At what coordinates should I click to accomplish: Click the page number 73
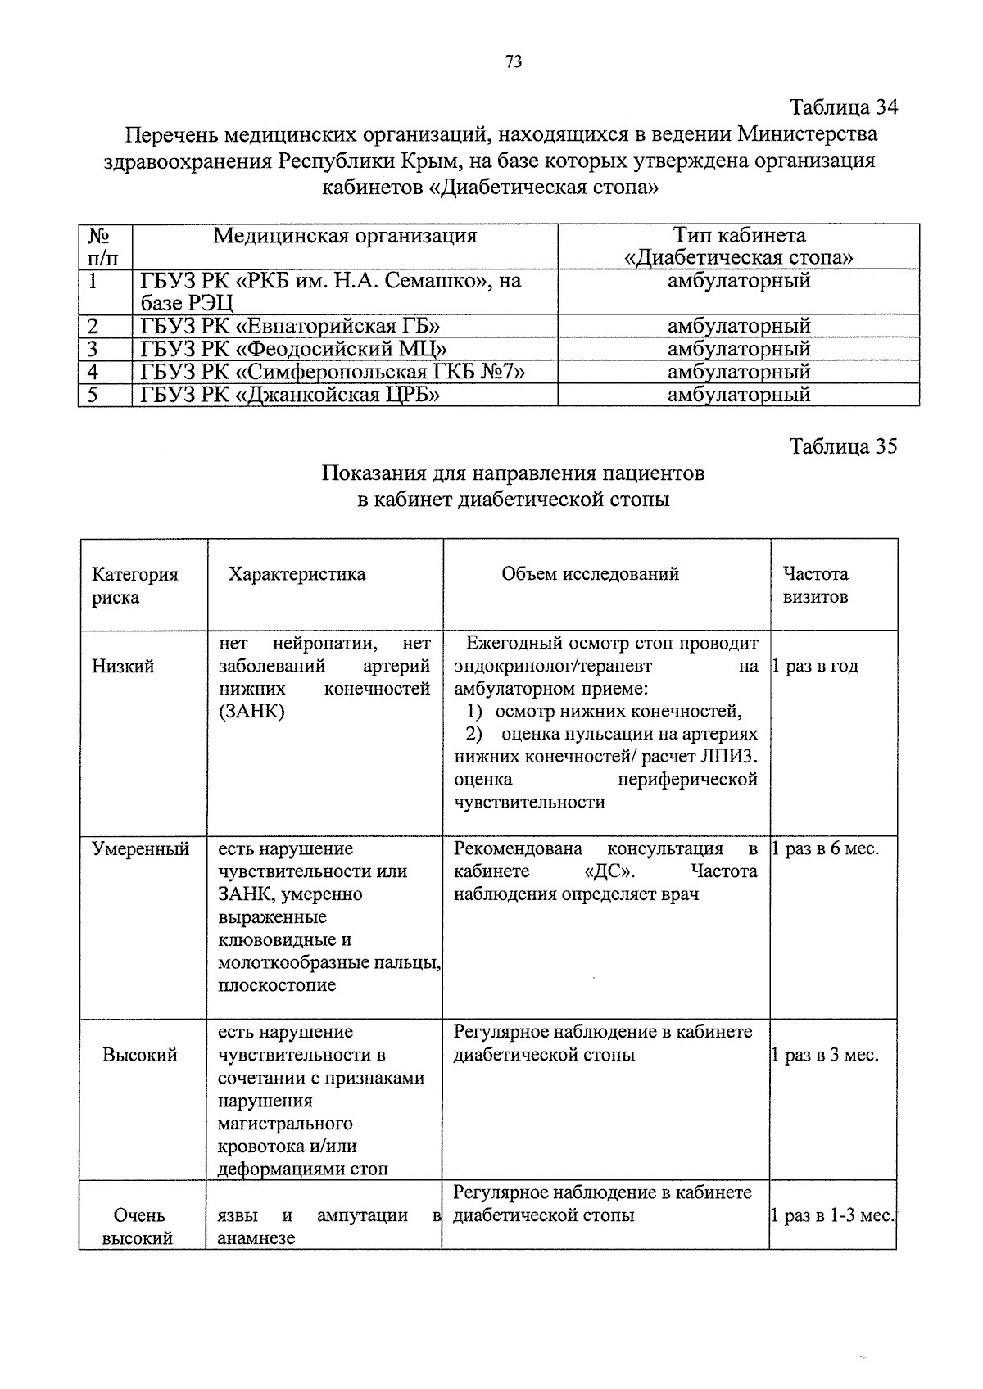[x=514, y=62]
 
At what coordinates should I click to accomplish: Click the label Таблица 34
[x=843, y=107]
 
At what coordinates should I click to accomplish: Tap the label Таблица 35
[x=843, y=446]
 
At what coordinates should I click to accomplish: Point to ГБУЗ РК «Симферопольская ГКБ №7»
[x=332, y=372]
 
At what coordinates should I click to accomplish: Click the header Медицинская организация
[x=345, y=237]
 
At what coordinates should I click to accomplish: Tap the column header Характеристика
[x=297, y=574]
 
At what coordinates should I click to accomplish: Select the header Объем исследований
[x=590, y=574]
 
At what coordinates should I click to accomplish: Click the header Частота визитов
[x=815, y=586]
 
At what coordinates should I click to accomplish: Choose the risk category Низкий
[x=123, y=667]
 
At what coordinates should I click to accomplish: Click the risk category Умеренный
[x=140, y=849]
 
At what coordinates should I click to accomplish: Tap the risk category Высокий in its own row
[x=139, y=1056]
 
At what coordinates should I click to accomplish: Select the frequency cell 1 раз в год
[x=816, y=667]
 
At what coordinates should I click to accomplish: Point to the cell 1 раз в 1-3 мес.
[x=832, y=1216]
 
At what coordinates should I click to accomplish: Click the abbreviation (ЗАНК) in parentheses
[x=251, y=712]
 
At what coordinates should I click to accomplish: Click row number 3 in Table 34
[x=93, y=349]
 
